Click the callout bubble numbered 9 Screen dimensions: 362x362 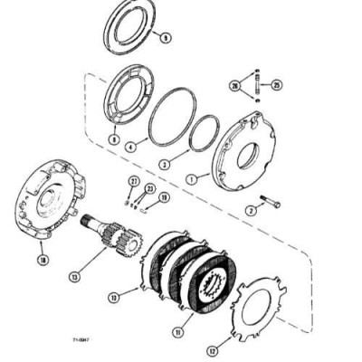click(x=166, y=38)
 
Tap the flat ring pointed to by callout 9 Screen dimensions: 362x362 click(x=132, y=25)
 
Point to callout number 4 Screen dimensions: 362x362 click(x=131, y=145)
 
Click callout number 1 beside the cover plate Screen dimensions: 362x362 click(x=191, y=179)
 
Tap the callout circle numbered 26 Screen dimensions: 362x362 click(x=234, y=87)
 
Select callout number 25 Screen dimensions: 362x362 click(x=277, y=86)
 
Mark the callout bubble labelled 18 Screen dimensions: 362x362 click(x=42, y=259)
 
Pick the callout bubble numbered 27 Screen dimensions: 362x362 click(x=134, y=182)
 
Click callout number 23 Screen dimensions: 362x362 click(x=151, y=188)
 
